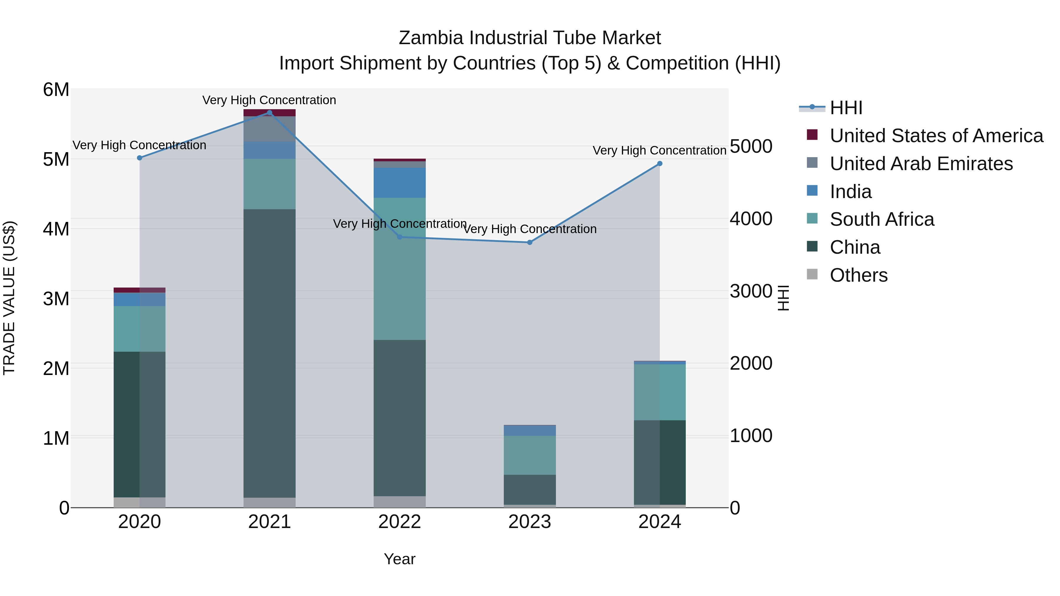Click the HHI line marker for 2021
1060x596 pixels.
pos(269,113)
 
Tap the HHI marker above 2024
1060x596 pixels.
pos(660,164)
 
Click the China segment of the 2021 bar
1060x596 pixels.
pos(269,354)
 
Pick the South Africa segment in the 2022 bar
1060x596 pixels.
pos(400,269)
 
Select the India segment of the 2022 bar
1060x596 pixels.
pos(400,182)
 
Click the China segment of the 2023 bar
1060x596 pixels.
pos(530,490)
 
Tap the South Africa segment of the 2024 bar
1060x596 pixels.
pos(660,392)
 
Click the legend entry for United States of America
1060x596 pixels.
pos(936,136)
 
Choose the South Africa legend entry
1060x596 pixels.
pos(882,219)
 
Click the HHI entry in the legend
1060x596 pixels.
pos(846,108)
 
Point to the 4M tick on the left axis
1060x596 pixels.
pos(56,229)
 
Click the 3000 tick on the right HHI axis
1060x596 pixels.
pos(751,291)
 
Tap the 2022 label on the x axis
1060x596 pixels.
pos(400,522)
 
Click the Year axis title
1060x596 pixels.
pos(400,559)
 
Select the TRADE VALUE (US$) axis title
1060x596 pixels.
pos(9,298)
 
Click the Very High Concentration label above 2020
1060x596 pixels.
pos(140,145)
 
